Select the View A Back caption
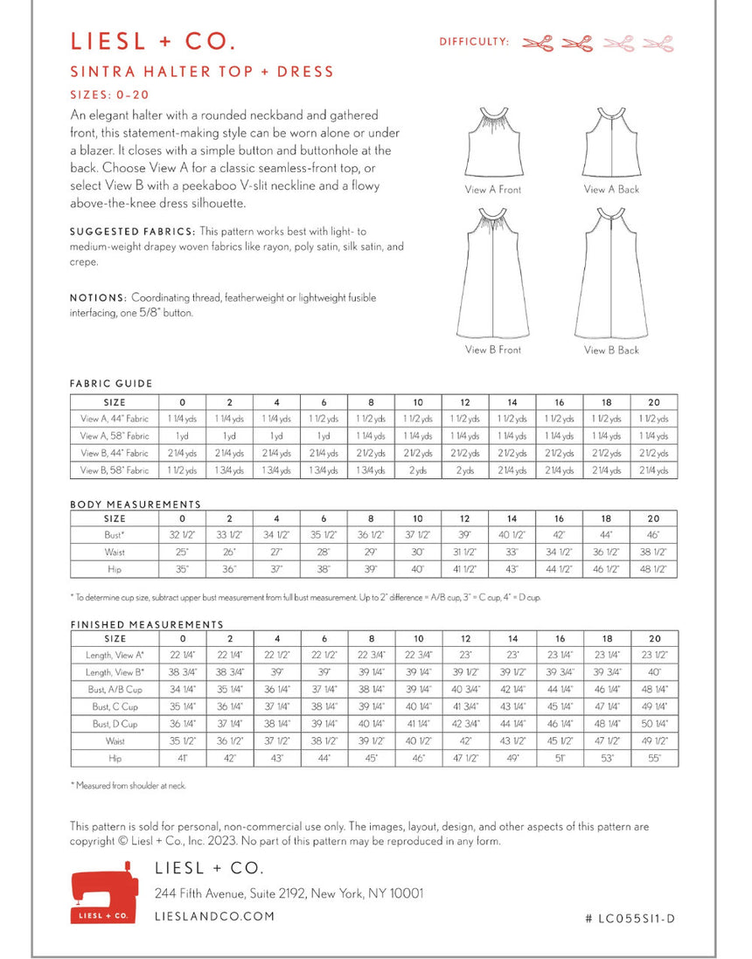[611, 190]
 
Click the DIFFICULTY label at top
[474, 41]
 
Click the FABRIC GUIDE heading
[111, 384]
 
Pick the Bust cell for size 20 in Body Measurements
[654, 534]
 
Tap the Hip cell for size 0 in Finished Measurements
[182, 758]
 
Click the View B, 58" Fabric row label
[115, 470]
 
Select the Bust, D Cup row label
[115, 724]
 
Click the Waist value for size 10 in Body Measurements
[418, 552]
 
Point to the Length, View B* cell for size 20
[654, 672]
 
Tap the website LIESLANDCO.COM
[214, 916]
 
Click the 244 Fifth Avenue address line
[289, 893]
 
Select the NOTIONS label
[98, 298]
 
